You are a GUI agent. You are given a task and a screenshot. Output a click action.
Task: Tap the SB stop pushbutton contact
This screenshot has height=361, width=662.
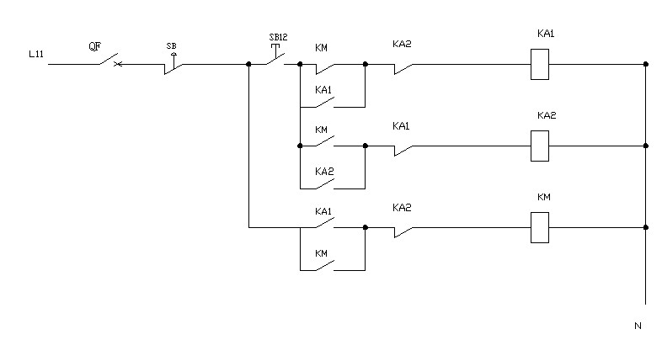click(174, 66)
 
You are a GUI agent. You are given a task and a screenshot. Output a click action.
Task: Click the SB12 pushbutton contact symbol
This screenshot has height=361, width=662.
click(275, 60)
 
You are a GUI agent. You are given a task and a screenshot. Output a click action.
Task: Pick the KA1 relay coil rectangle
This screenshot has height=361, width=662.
click(539, 63)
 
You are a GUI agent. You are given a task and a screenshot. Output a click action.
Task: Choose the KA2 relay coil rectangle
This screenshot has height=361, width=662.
click(539, 146)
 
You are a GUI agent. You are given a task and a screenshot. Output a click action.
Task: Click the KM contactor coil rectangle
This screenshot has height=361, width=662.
click(539, 227)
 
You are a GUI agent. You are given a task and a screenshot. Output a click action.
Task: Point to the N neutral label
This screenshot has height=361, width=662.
click(638, 325)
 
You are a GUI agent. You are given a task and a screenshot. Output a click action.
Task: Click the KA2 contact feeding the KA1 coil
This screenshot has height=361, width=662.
click(403, 65)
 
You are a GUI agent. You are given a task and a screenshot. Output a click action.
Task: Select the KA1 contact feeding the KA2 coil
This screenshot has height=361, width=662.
click(403, 147)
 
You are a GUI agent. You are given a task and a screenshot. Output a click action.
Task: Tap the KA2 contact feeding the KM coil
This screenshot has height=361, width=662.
click(403, 229)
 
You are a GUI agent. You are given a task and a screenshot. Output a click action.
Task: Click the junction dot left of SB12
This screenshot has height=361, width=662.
click(248, 63)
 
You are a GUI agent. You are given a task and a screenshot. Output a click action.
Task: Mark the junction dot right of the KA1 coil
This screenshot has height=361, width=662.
click(645, 63)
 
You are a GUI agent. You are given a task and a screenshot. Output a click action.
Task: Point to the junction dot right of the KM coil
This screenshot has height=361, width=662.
click(645, 227)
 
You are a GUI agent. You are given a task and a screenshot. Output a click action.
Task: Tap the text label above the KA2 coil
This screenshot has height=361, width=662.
click(547, 115)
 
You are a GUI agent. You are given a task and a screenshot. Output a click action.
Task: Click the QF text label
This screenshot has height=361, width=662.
click(95, 47)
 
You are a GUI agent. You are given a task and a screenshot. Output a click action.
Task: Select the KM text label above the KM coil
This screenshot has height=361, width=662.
click(543, 197)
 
